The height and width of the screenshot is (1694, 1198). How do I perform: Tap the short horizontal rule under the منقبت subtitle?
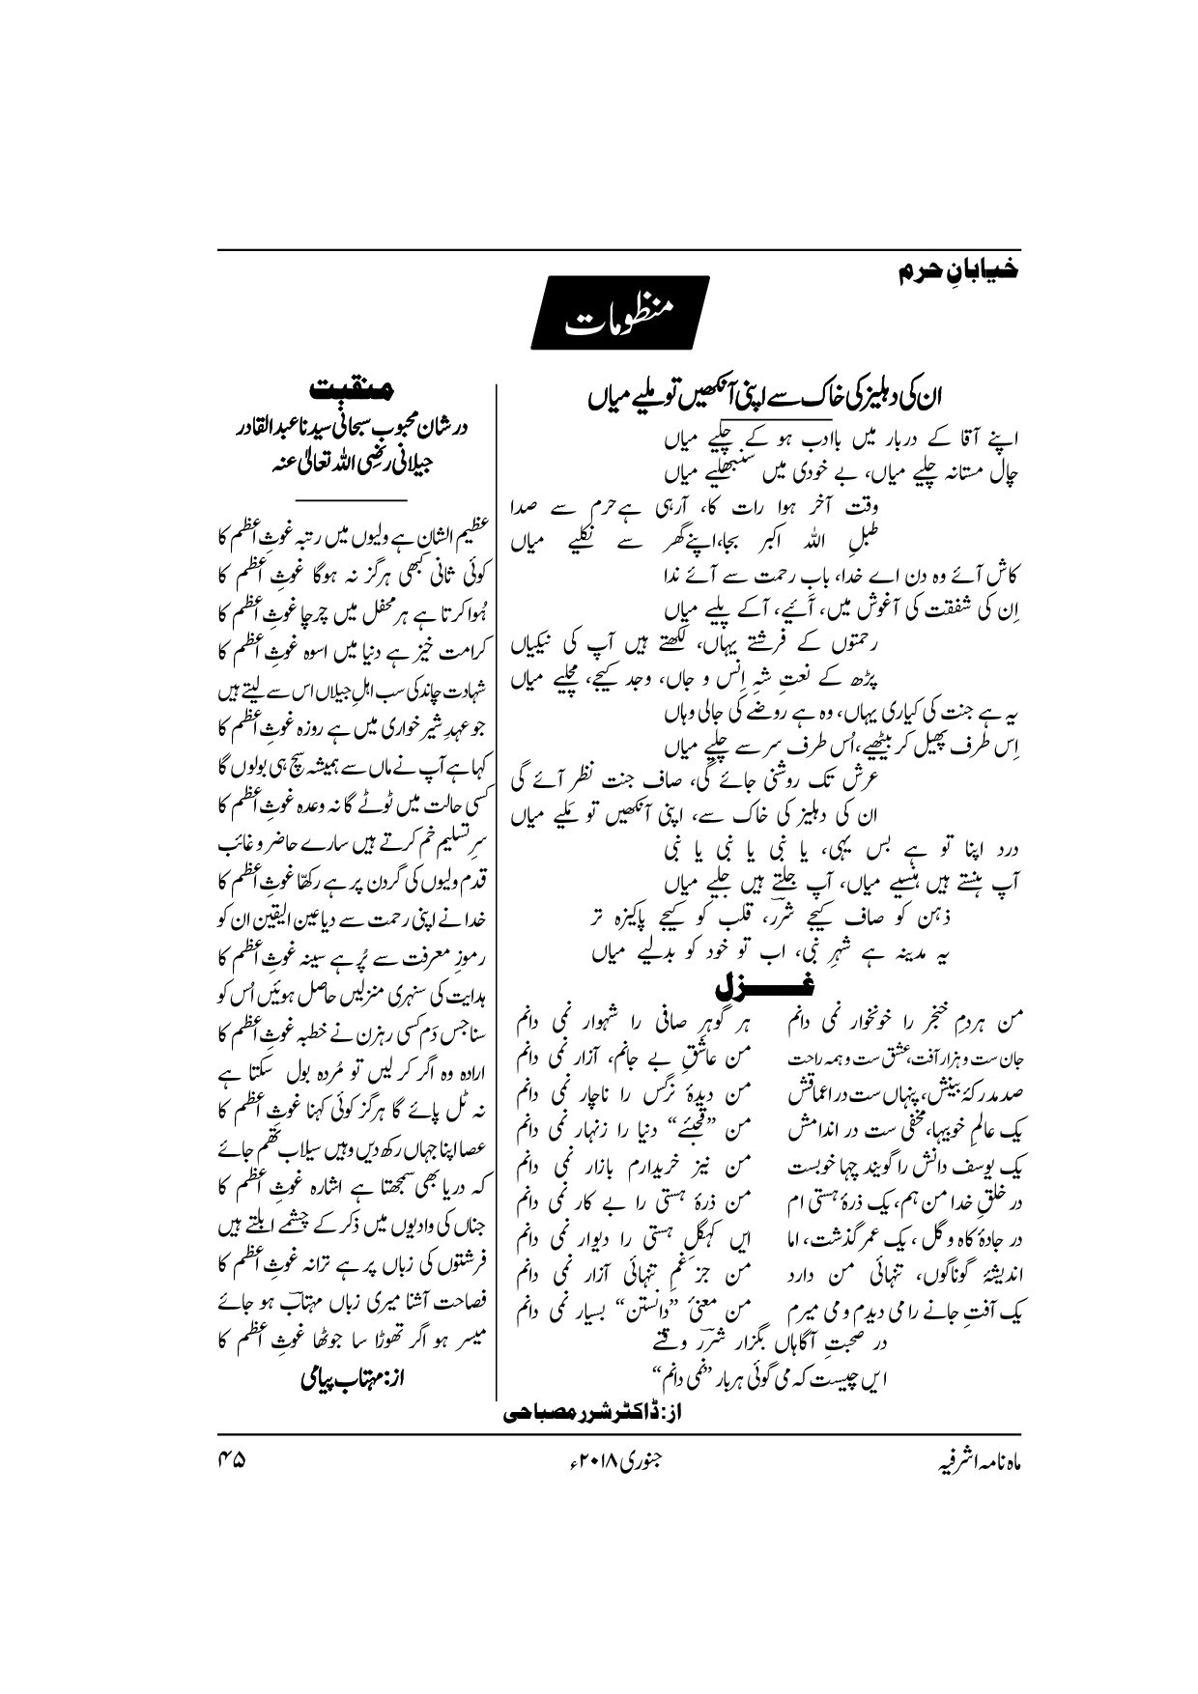click(353, 498)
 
